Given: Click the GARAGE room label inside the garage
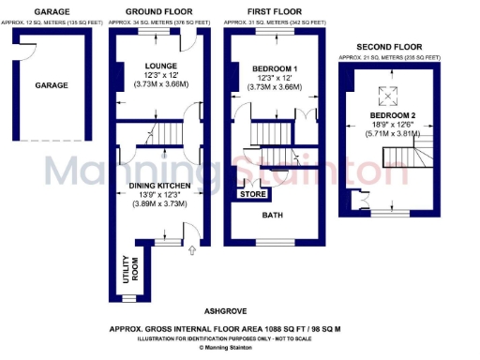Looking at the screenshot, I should point(52,85).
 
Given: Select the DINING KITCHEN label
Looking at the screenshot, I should point(158,187).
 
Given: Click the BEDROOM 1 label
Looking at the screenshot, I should point(276,70).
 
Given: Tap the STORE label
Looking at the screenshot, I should point(254,195).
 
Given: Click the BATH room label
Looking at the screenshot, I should point(273,214).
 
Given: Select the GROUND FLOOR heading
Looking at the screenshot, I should point(156,10).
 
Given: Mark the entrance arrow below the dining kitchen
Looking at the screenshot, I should point(193,249).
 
